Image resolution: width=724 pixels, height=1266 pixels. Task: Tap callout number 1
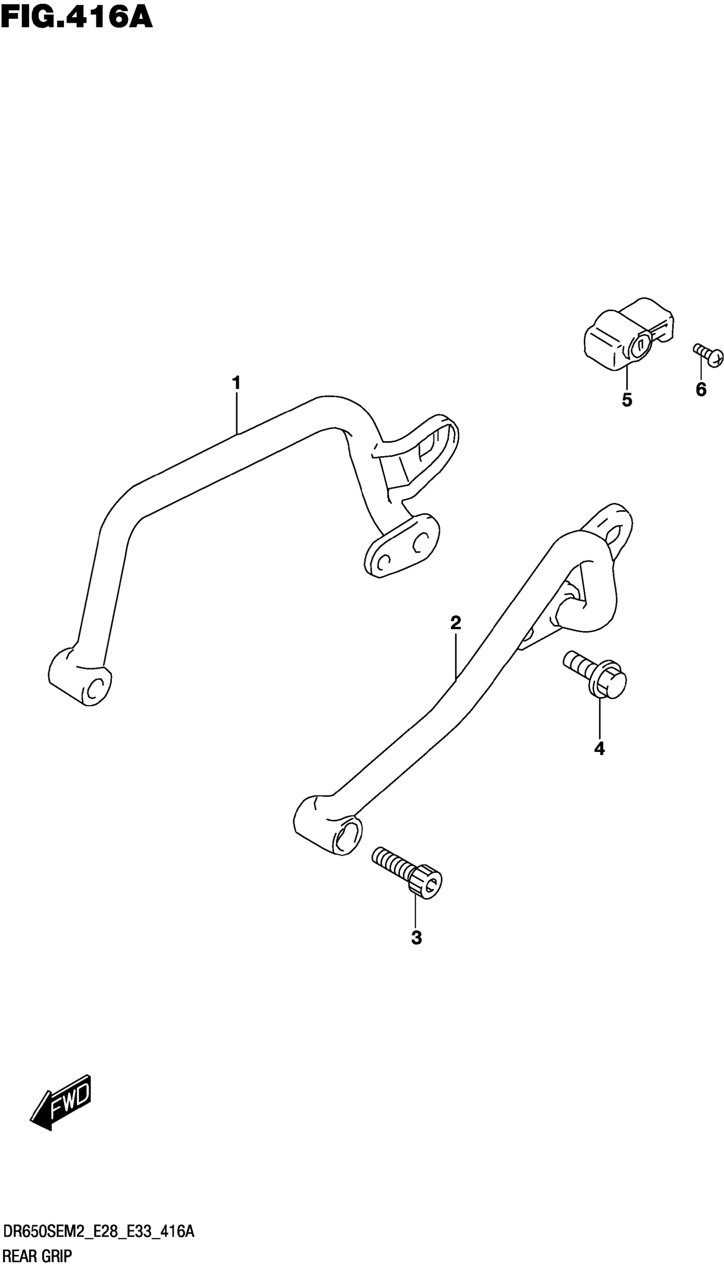[236, 383]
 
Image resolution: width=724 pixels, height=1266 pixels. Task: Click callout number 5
[626, 399]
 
